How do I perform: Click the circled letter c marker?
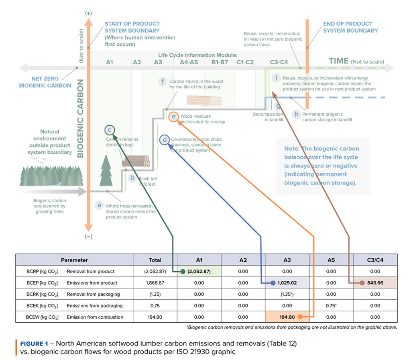(110, 130)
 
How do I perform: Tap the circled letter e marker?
(173, 117)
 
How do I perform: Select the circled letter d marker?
(165, 140)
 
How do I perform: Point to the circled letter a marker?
(99, 205)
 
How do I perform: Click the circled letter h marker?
(296, 115)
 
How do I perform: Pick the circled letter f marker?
(163, 82)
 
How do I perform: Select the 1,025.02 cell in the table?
(286, 283)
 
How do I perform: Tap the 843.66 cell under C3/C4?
(375, 283)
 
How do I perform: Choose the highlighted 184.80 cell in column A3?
(287, 317)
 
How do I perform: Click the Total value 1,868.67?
(155, 283)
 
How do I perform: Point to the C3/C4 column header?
(375, 260)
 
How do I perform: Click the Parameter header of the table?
(74, 260)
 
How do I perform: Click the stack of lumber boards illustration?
(204, 100)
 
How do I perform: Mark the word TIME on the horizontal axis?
(338, 61)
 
